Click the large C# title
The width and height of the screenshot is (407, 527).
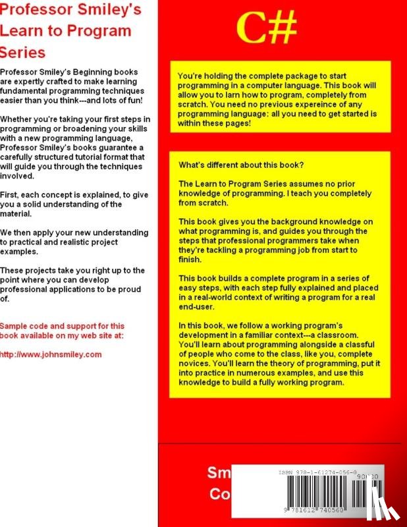pos(266,28)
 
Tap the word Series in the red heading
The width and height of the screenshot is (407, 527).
pos(22,52)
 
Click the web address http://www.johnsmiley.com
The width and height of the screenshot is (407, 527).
pos(51,354)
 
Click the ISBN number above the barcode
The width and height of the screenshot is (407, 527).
pos(318,472)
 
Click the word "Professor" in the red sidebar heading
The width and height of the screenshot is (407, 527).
pos(29,9)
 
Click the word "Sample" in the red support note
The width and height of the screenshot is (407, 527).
pos(15,325)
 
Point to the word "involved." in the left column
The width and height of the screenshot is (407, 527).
pos(20,177)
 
